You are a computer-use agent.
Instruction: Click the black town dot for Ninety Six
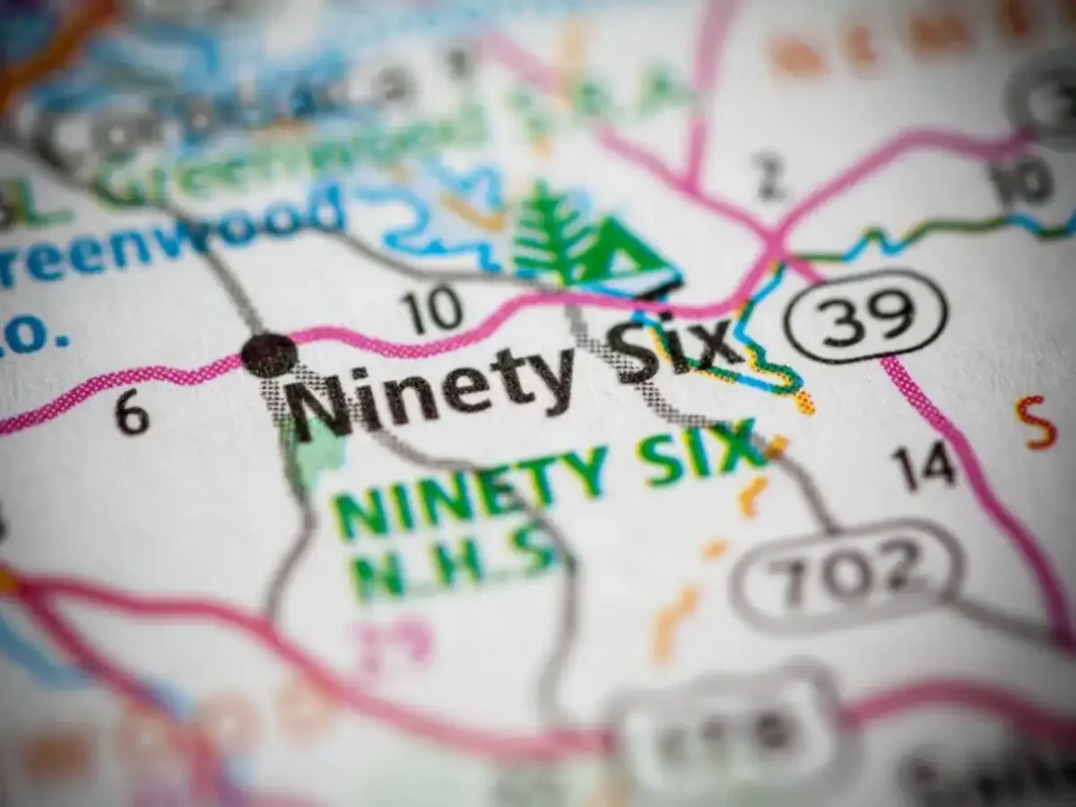click(268, 354)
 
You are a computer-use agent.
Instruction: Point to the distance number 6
click(132, 415)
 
